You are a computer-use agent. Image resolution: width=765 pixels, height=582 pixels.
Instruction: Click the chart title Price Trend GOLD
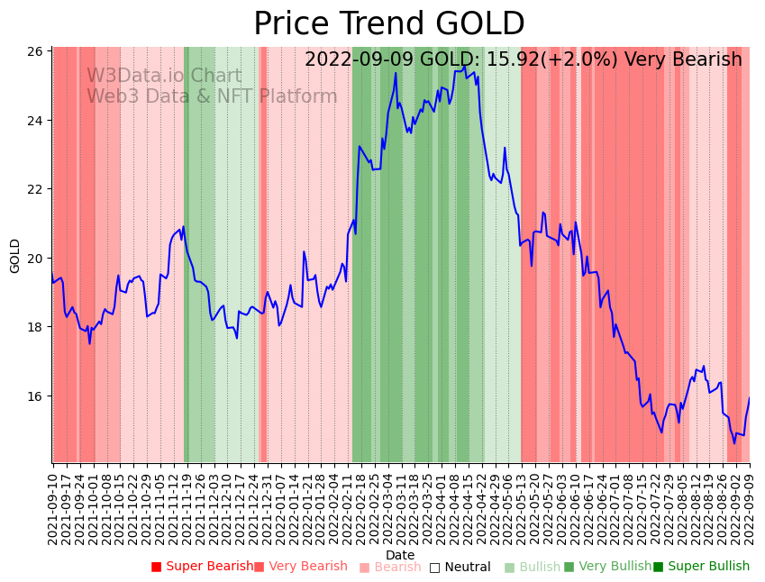(388, 24)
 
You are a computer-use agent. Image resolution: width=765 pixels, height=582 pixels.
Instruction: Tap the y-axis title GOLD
(15, 256)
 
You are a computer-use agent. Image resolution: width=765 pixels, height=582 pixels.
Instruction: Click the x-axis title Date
(400, 555)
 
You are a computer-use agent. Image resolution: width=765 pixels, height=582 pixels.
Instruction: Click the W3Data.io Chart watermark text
(164, 77)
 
